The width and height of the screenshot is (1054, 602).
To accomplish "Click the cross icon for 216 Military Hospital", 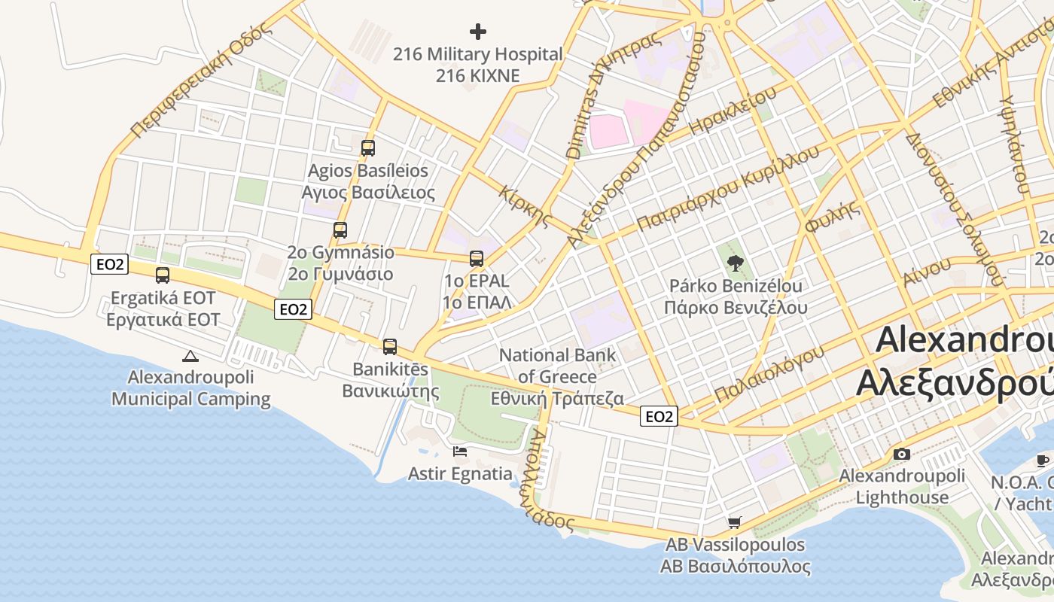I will point(478,32).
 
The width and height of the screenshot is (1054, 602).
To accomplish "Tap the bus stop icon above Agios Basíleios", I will point(367,148).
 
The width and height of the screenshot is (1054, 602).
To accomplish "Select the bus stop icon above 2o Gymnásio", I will point(340,230).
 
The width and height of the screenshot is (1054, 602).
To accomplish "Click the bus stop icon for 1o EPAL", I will point(477,259).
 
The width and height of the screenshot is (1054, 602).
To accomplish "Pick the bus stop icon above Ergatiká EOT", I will point(163,275).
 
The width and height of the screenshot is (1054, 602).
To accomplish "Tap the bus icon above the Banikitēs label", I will point(389,347).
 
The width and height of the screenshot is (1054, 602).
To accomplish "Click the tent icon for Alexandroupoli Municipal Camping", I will point(190,357).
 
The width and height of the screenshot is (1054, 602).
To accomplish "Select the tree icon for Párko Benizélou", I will point(735,263).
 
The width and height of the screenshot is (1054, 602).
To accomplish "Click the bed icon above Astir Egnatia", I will point(460,451).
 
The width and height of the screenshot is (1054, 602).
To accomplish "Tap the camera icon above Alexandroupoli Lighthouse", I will point(901,454).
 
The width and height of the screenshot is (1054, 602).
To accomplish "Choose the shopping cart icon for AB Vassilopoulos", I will point(735,522).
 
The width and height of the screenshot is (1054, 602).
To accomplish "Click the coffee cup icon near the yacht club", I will point(1043,461).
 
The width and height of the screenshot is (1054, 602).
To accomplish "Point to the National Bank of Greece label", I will point(557,376).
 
